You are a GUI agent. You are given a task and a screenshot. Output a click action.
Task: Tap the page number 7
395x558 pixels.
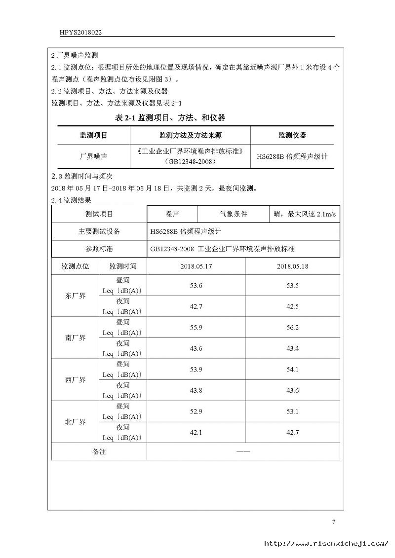click(333, 522)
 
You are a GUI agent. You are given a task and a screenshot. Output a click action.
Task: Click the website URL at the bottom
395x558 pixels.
click(326, 543)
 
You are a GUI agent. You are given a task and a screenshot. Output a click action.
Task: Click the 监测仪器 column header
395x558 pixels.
click(292, 135)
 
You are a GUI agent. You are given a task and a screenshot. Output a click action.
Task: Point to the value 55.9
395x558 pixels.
click(196, 327)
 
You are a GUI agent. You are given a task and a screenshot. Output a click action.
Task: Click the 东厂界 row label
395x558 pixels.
click(75, 296)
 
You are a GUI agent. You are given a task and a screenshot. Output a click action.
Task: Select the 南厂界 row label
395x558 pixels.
click(75, 338)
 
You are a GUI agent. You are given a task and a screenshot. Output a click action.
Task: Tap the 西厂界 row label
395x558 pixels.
click(75, 380)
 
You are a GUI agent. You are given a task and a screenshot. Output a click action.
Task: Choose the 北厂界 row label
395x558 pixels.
click(75, 422)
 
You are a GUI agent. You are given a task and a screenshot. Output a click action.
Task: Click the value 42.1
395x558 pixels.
click(196, 432)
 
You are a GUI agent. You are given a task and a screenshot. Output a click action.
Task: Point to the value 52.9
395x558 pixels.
click(196, 411)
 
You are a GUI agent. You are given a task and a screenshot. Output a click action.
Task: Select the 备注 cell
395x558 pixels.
click(99, 451)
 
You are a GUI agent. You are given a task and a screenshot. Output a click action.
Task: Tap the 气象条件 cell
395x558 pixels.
click(233, 214)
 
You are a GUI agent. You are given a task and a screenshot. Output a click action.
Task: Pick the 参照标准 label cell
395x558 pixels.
click(99, 249)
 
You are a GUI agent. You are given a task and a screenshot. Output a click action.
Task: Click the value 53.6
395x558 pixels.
click(196, 286)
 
